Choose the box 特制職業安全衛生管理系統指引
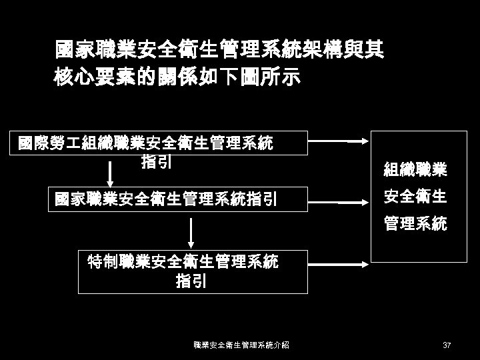(x=193, y=271)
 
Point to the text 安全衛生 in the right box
(x=415, y=198)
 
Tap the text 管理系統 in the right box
(x=415, y=225)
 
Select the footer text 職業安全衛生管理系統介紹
(x=241, y=345)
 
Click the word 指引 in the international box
(x=157, y=161)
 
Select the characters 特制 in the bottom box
(x=103, y=262)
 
